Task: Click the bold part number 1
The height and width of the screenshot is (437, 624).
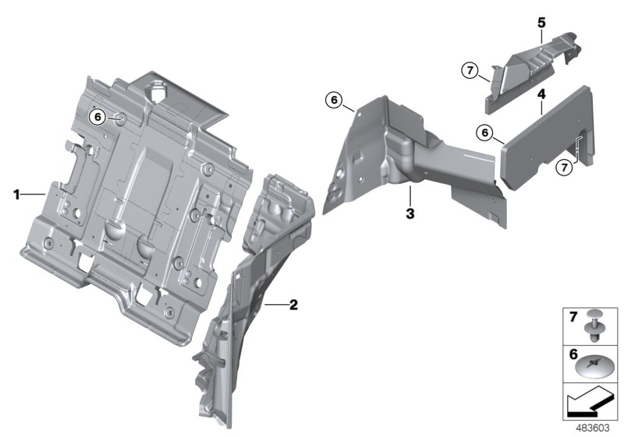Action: tap(15, 193)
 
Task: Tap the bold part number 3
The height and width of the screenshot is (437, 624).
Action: tap(409, 212)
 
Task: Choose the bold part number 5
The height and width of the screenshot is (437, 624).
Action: tap(540, 23)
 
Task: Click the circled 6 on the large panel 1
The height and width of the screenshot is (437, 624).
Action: tap(97, 117)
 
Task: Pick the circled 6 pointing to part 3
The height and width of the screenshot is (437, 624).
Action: tap(332, 100)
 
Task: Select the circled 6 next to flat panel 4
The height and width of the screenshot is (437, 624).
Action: tap(485, 133)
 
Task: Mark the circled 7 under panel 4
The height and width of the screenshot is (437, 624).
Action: tap(562, 166)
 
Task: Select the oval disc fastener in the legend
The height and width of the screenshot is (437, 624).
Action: tap(596, 364)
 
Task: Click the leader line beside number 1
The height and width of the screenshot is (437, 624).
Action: tap(35, 193)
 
